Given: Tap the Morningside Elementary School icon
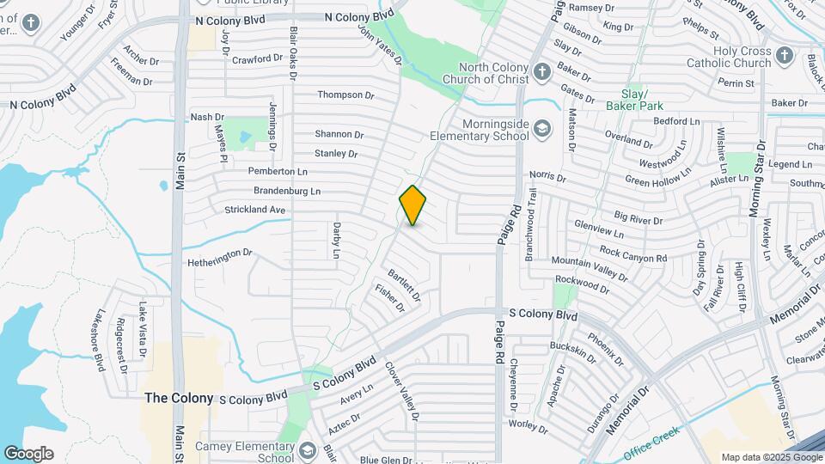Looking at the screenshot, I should pos(541,130).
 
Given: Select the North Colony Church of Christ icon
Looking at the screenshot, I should pos(541,72).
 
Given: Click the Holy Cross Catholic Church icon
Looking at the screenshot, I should pos(784,57).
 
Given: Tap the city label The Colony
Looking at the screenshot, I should pos(179,398).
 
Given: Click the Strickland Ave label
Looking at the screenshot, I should pos(254,210).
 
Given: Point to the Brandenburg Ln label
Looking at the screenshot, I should pos(286,191).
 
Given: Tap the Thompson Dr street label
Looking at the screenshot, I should pos(346,95).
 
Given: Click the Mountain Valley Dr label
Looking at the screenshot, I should pos(590,267).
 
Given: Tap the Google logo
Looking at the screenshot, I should pos(28,454).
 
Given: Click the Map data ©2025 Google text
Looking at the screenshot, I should pos(771,457).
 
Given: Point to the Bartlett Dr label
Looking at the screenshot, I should pos(404,285).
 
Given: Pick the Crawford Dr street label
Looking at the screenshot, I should pos(257,58).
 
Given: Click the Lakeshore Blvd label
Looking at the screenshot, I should pos(101,339).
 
